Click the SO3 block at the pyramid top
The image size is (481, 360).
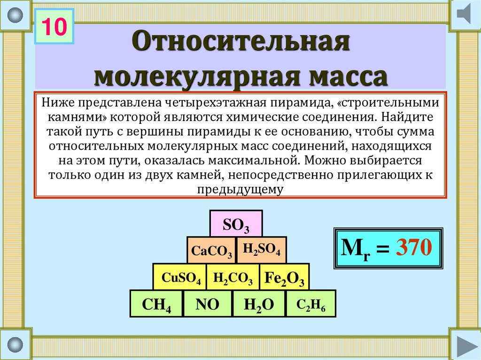point(236,223)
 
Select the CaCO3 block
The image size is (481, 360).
point(211,250)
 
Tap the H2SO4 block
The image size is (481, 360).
point(261,250)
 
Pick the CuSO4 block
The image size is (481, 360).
point(180,276)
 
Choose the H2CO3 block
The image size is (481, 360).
point(233,276)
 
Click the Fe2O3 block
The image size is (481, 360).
point(284,276)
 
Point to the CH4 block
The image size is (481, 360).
point(156,304)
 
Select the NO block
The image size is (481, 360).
point(207,304)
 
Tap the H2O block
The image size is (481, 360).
point(259,304)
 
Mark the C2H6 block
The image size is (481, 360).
point(311,304)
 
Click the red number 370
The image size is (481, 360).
point(414,247)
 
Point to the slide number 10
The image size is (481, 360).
point(54,26)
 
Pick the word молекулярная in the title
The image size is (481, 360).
point(196,77)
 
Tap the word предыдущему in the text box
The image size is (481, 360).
point(240,190)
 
